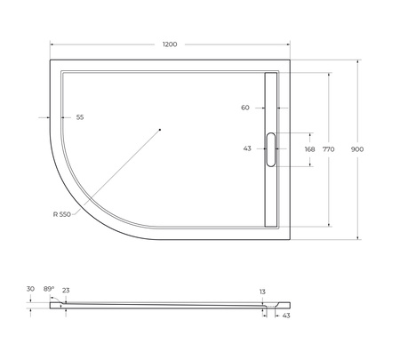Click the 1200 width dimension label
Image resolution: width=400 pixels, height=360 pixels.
169,44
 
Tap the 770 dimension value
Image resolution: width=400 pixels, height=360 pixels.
328,149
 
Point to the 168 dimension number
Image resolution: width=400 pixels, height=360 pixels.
308,149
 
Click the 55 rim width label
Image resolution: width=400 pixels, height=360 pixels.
79,117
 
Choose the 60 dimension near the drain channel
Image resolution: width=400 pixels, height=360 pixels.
245,108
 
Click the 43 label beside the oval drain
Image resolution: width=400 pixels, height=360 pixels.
247,148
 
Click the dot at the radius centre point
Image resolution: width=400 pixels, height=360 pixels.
160,130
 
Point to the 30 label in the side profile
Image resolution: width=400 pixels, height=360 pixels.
30,289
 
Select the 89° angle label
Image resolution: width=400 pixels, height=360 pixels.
49,289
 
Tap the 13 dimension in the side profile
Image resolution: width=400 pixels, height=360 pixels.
262,291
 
